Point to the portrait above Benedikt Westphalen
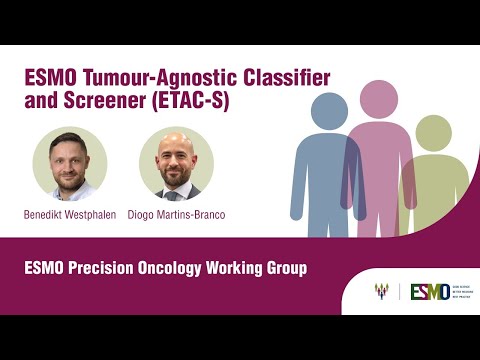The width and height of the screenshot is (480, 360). point(70,164)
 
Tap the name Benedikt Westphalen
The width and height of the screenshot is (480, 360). point(69,214)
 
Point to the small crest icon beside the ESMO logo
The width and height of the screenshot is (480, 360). point(381,292)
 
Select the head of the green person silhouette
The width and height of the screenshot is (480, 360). point(433,131)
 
